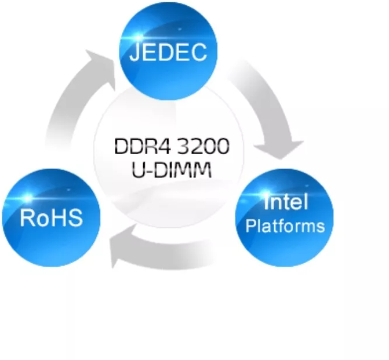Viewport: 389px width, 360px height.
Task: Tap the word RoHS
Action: point(51,218)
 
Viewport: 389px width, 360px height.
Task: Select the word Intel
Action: point(285,203)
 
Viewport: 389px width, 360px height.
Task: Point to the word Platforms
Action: point(285,226)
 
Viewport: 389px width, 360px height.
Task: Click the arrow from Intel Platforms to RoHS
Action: point(168,246)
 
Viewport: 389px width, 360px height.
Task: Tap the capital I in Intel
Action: point(266,203)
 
